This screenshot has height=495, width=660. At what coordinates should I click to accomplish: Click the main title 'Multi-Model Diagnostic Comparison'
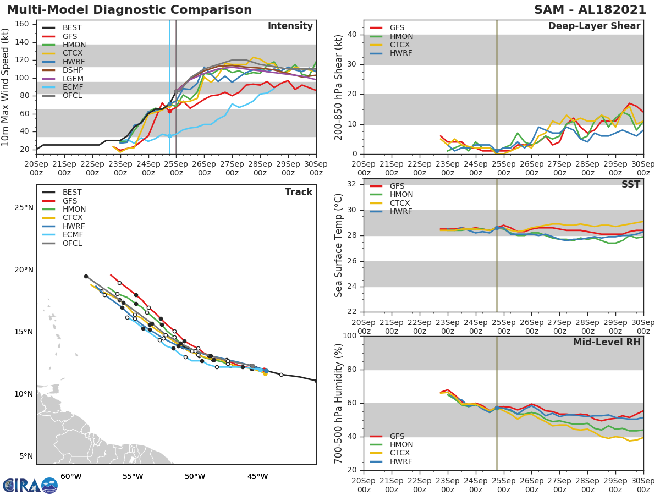(x=129, y=10)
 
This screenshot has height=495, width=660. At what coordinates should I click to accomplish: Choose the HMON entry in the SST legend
(x=401, y=195)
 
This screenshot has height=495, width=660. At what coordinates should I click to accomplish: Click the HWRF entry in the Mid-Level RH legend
(x=400, y=461)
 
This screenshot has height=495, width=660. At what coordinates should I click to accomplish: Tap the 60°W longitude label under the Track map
(x=71, y=476)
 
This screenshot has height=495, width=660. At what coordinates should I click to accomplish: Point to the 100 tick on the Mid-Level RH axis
(x=350, y=336)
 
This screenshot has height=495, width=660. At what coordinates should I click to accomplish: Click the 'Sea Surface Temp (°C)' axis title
(x=339, y=245)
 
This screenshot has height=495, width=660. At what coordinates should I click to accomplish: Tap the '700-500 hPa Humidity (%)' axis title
(x=339, y=403)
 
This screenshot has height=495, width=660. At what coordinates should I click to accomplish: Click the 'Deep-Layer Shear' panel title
(x=594, y=26)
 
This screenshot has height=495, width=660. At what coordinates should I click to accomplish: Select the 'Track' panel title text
(x=299, y=192)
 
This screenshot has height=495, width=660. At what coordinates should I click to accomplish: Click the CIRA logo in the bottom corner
(x=30, y=485)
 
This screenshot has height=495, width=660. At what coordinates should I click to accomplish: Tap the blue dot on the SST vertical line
(x=497, y=228)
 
